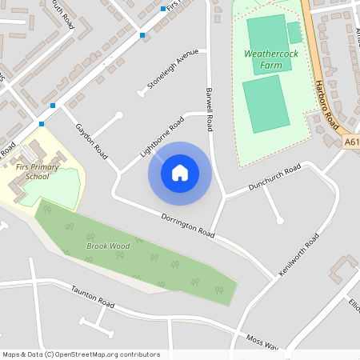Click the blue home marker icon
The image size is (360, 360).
click(180, 172)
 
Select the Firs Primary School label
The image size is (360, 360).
click(37, 171)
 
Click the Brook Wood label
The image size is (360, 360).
click(107, 246)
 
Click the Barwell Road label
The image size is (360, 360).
click(210, 110)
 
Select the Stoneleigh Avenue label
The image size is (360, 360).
click(172, 70)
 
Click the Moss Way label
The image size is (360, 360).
click(262, 342)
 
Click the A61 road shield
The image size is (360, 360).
click(353, 142)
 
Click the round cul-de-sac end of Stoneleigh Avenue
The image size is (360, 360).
click(141, 94)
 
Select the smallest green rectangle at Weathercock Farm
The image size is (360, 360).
click(294, 32)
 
